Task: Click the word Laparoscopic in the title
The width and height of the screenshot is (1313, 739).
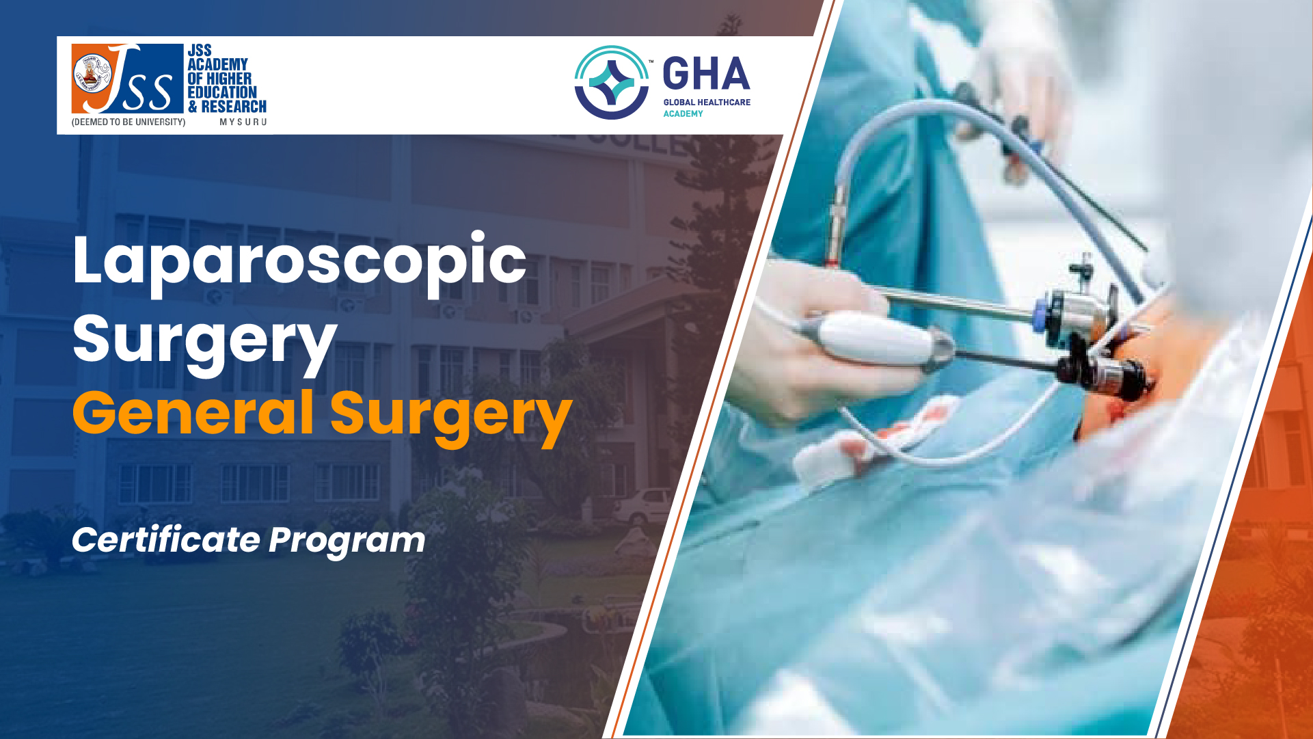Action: click(299, 263)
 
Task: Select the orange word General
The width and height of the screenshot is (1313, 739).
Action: click(193, 413)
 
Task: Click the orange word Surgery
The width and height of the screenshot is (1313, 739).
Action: click(451, 418)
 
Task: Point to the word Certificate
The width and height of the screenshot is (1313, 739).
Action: click(165, 540)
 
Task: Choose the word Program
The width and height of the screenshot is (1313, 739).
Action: click(347, 542)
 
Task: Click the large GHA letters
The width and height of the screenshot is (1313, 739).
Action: click(706, 74)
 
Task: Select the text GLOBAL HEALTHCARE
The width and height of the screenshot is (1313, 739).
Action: click(707, 103)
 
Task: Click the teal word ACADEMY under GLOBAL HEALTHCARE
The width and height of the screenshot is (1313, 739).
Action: click(683, 114)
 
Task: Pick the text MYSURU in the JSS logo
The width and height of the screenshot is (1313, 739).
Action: click(243, 122)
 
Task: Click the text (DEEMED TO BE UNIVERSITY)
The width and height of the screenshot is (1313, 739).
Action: click(128, 122)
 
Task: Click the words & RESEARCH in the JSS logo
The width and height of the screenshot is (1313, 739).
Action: click(227, 107)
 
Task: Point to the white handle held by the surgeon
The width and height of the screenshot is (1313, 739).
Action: click(878, 340)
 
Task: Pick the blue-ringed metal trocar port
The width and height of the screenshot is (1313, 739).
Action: click(1077, 311)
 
